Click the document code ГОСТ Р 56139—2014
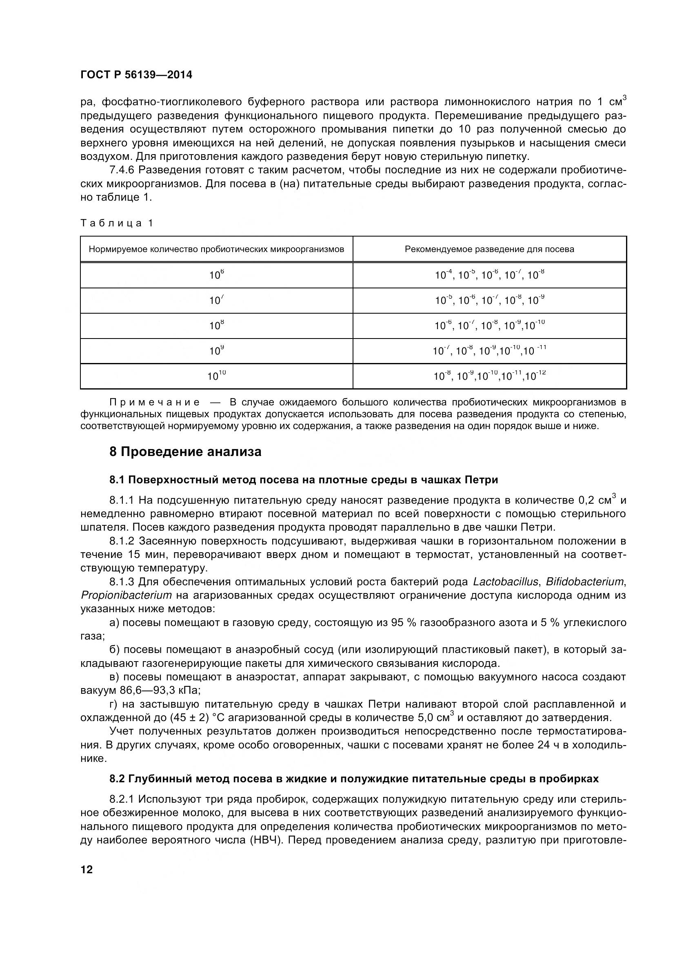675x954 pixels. [136, 75]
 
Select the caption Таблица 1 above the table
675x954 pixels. [117, 223]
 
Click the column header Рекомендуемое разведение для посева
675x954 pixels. [489, 249]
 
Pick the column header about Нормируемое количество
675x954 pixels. [217, 249]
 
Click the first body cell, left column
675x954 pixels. [217, 275]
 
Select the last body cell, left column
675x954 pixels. [217, 376]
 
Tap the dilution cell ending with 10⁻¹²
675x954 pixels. [489, 376]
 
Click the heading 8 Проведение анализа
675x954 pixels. [185, 452]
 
